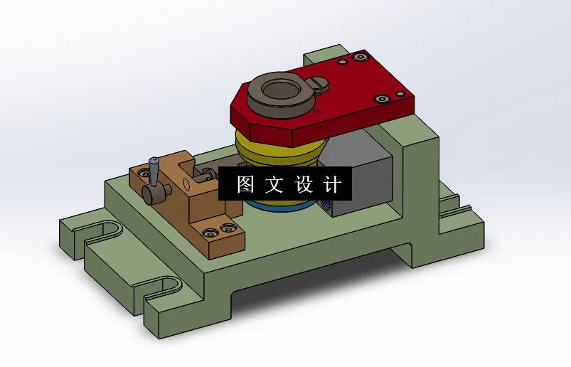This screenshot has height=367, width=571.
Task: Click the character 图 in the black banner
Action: tap(245, 185)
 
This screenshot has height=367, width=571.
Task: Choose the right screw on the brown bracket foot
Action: tap(228, 228)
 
